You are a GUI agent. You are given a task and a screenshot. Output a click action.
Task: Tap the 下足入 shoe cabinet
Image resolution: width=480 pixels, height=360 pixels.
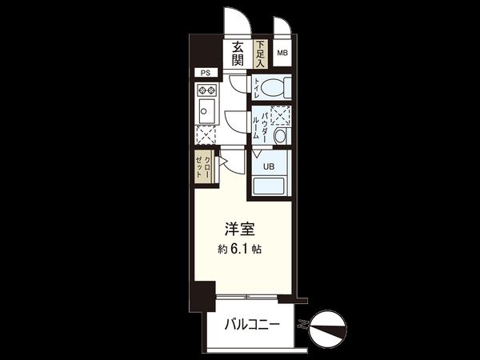(x=260, y=53)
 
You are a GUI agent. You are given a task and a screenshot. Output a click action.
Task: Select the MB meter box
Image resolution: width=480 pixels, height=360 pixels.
(x=282, y=53)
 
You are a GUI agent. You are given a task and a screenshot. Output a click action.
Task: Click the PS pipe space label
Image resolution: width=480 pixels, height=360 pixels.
(x=206, y=73)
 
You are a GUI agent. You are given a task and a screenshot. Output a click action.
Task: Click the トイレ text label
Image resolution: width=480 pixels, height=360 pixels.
(x=257, y=86)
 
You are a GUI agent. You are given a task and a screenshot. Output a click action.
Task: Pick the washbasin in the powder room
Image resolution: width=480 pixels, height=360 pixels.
(x=281, y=136)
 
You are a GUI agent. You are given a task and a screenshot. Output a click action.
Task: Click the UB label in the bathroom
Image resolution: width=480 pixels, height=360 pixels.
(x=270, y=166)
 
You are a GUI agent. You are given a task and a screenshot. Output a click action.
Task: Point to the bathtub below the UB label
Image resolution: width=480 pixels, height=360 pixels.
(x=270, y=187)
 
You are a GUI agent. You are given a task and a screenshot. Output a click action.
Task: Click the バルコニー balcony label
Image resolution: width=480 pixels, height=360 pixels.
(x=252, y=326)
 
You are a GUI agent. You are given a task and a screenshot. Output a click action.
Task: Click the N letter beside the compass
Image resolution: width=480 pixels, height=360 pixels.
(x=302, y=325)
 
